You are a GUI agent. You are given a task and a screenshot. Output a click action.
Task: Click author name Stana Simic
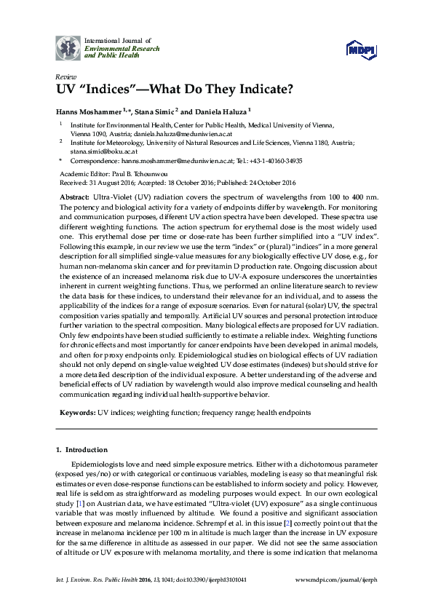(154, 111)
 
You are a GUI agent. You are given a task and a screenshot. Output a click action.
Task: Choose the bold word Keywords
(76, 412)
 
